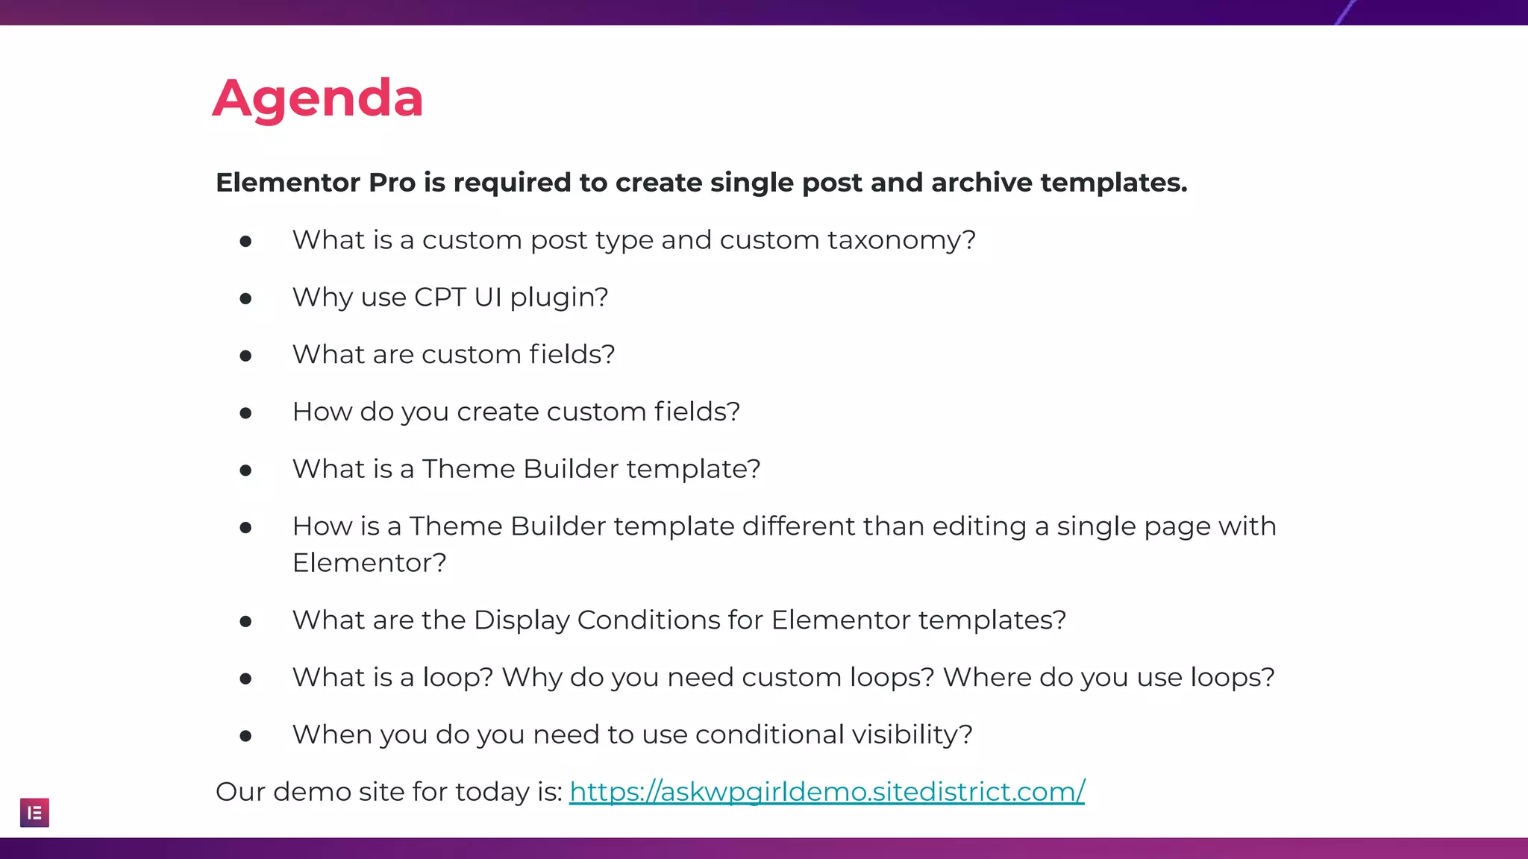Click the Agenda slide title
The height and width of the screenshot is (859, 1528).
point(318,98)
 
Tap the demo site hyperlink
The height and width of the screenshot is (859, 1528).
point(827,792)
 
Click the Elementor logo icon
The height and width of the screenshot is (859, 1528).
point(34,813)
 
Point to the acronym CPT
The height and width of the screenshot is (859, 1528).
point(440,298)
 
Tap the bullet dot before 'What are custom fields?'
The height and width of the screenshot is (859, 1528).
point(245,356)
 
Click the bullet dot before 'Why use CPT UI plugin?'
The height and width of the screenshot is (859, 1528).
point(245,299)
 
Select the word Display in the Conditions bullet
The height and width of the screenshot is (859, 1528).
point(522,620)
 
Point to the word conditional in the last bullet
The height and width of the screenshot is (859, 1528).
point(768,735)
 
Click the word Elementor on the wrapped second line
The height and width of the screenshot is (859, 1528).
point(369,563)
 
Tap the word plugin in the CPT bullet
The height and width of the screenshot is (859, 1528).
point(559,298)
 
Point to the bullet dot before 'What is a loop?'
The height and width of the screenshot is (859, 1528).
point(245,679)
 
